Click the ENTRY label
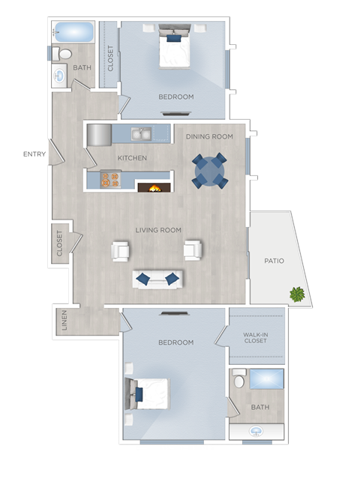click(34, 154)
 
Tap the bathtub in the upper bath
click(73, 32)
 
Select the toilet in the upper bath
click(62, 54)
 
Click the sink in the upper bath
click(60, 75)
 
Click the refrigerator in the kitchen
click(99, 136)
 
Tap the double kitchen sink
click(141, 134)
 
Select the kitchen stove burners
click(110, 180)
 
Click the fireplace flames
click(154, 188)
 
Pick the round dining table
click(209, 171)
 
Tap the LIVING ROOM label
click(159, 230)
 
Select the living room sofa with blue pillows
click(158, 279)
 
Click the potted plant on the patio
click(298, 294)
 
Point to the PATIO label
click(274, 261)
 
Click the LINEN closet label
click(64, 321)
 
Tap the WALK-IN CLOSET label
click(256, 337)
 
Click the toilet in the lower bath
click(239, 380)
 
